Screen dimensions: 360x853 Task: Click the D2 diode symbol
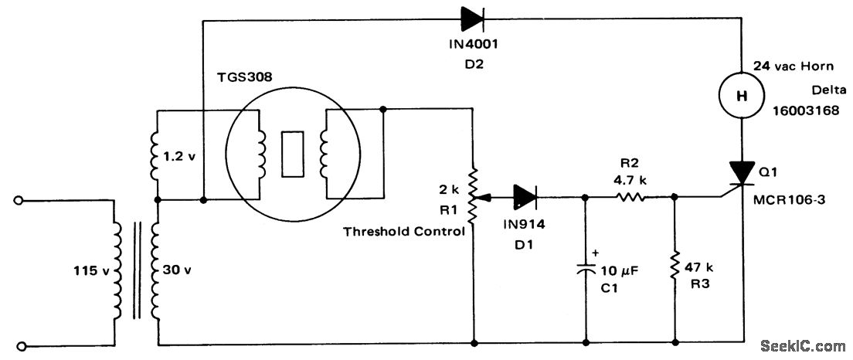473,18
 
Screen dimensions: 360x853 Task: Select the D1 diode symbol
525,196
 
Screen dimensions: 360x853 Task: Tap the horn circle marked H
741,96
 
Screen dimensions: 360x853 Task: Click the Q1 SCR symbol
741,173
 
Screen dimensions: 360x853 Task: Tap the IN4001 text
471,44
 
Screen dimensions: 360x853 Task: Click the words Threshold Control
404,231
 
